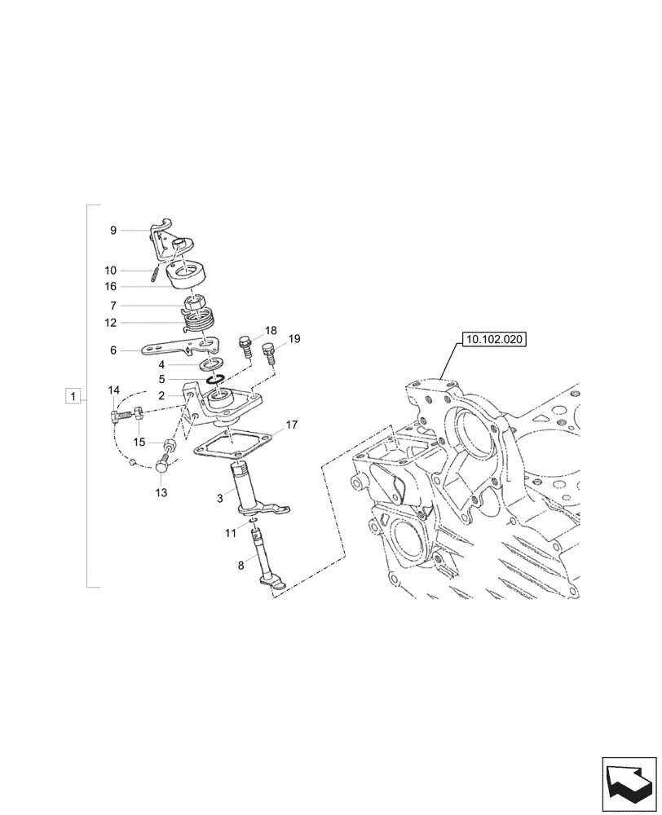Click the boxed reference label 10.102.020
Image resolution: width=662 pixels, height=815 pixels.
tap(494, 339)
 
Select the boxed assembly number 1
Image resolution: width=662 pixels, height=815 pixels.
tap(74, 397)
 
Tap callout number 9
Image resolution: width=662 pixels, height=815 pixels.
tap(113, 231)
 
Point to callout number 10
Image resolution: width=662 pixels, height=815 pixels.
tap(110, 270)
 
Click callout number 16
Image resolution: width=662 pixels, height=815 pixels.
tap(110, 286)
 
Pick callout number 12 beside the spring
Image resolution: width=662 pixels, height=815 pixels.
tap(110, 322)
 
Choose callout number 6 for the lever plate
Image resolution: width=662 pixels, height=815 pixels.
tap(113, 350)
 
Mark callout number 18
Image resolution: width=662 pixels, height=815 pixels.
tap(271, 331)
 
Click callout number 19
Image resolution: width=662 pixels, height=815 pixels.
tap(294, 337)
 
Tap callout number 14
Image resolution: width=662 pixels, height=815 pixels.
tap(114, 390)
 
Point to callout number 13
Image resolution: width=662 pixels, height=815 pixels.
tap(161, 492)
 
